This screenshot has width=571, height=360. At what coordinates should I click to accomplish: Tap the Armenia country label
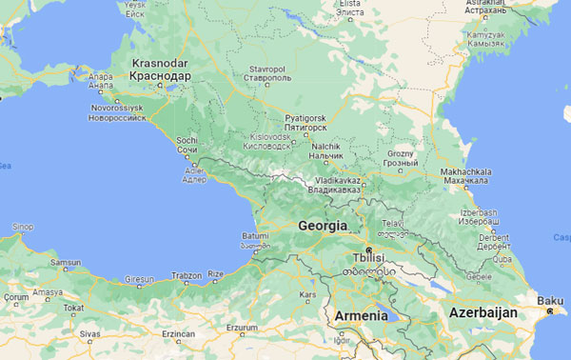(x=360, y=315)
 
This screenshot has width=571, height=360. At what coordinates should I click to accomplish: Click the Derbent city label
(x=492, y=240)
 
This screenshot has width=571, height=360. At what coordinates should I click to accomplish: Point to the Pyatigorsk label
(x=305, y=122)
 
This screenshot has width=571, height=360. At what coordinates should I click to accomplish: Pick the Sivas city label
(x=89, y=334)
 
